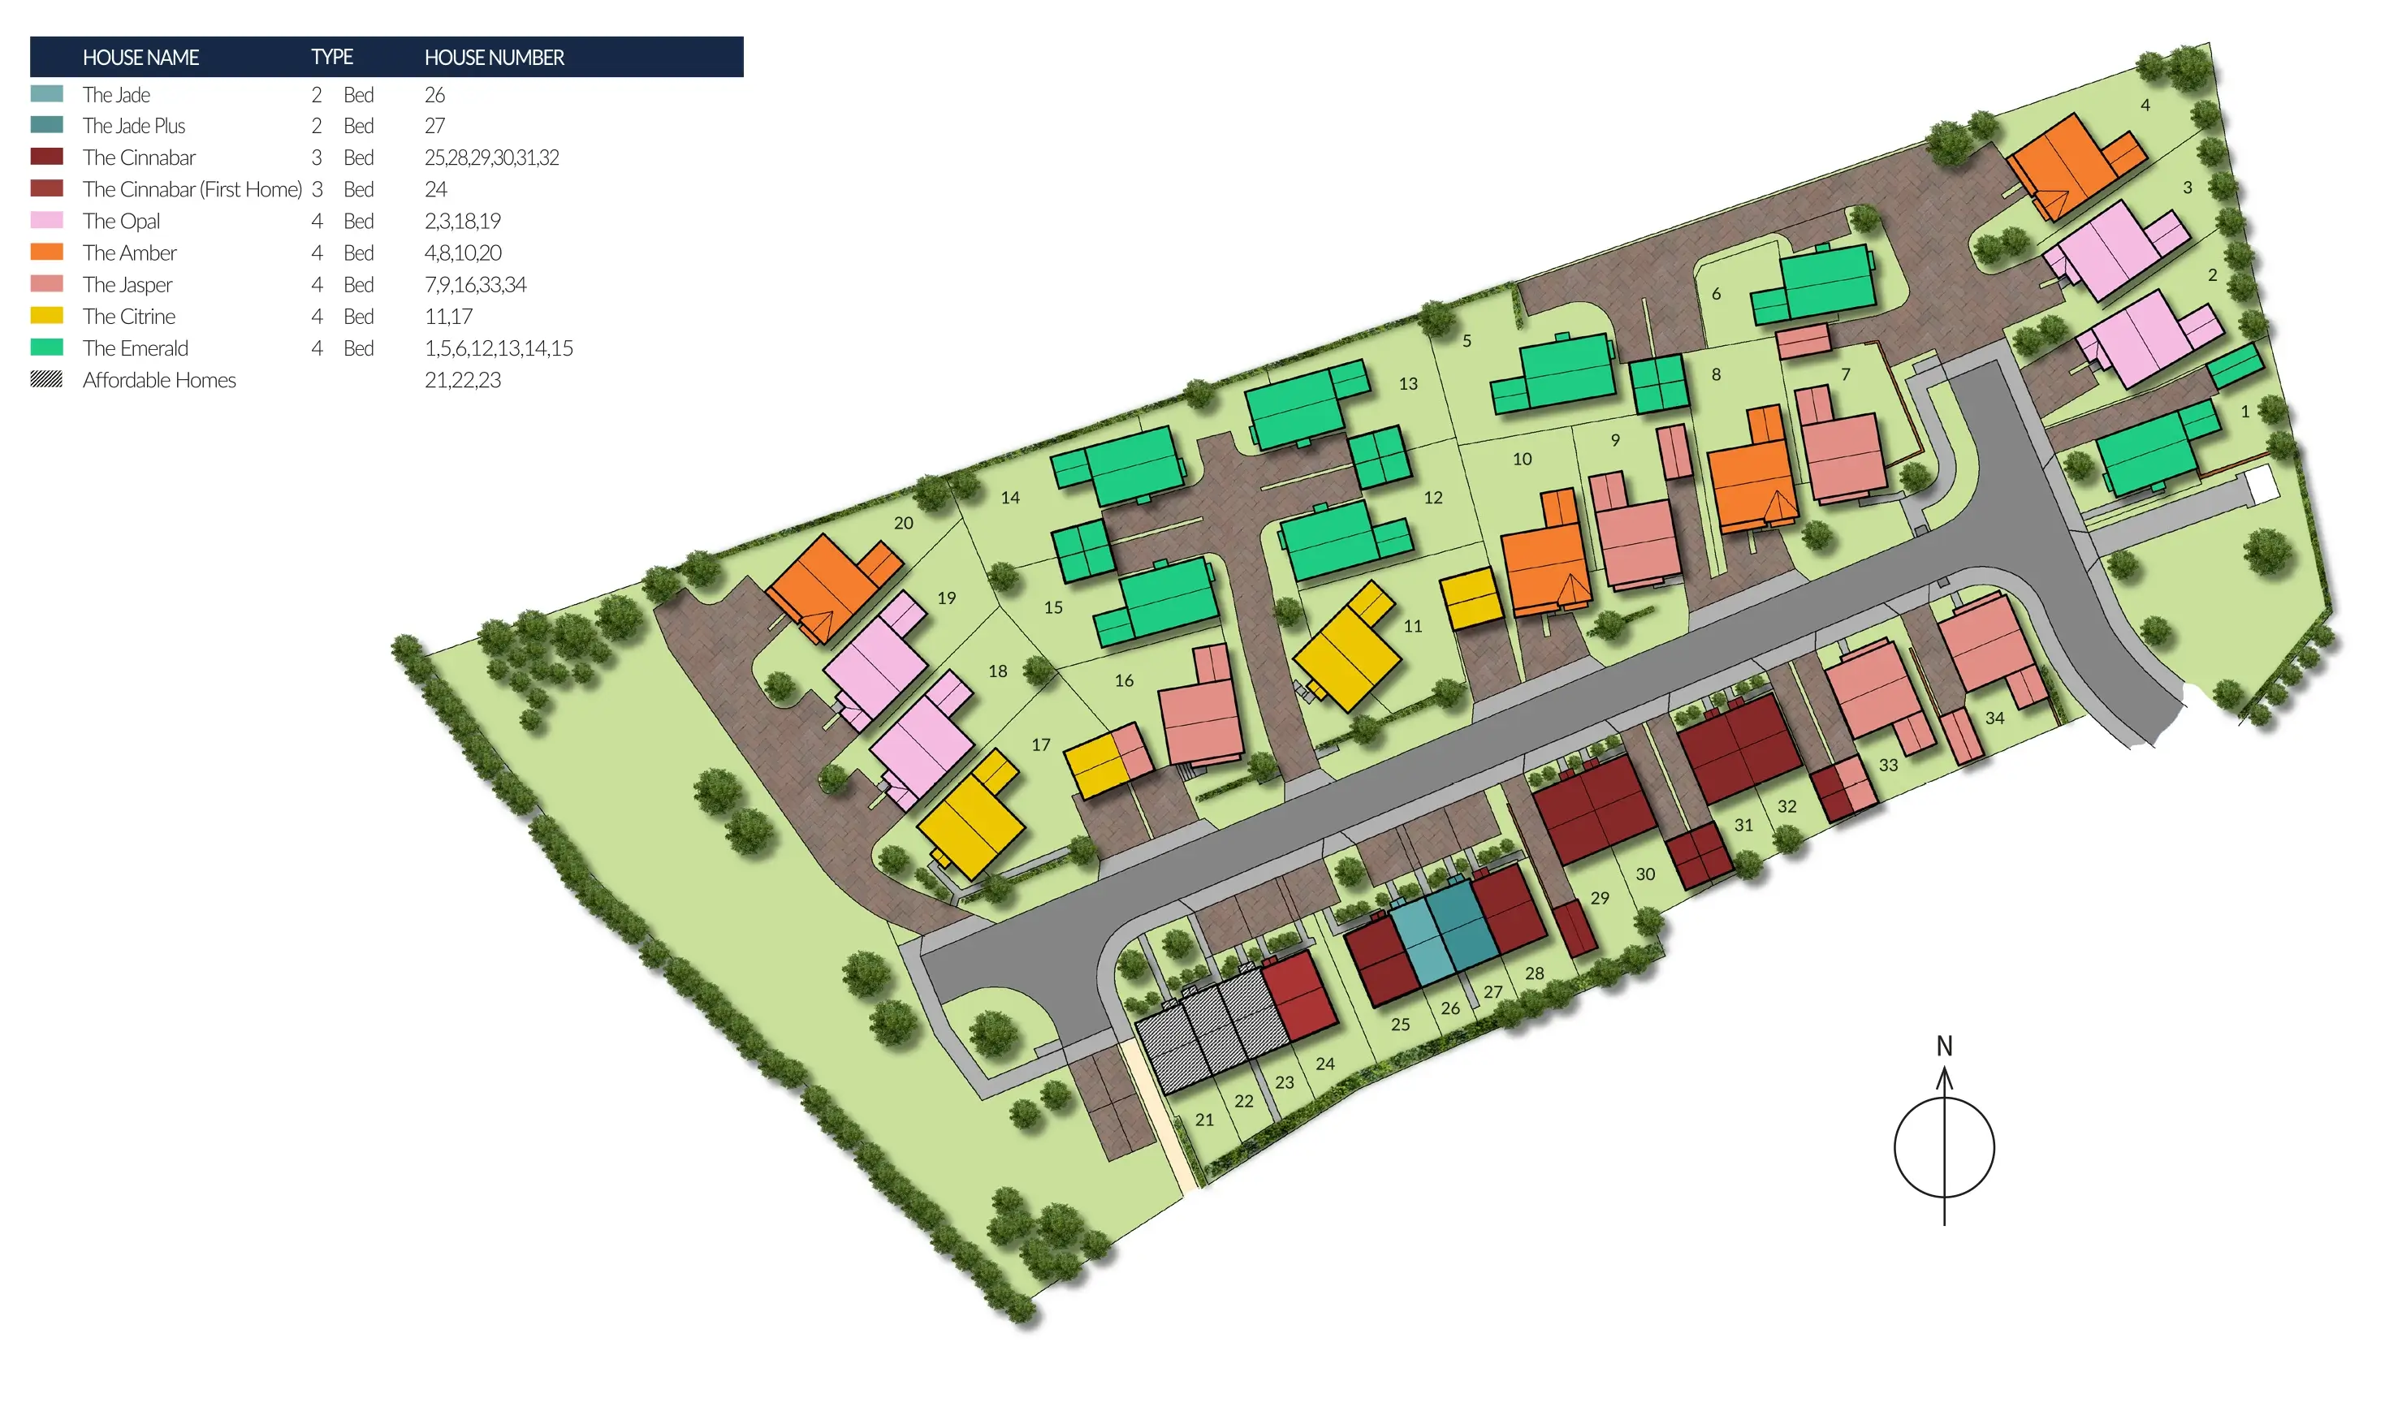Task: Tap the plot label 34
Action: (1995, 719)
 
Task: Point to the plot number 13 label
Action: (1408, 384)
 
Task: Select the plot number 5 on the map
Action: (1467, 341)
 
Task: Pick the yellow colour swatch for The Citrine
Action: (47, 317)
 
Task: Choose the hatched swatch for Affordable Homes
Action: (47, 379)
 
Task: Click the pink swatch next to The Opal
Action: (47, 221)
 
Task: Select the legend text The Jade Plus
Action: (133, 126)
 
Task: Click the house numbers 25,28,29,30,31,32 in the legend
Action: (492, 158)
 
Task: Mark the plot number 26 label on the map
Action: (1449, 1008)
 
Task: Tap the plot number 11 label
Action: (1413, 626)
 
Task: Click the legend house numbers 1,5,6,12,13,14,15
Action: (499, 349)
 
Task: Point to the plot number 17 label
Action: (1041, 745)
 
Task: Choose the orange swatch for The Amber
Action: (47, 252)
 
